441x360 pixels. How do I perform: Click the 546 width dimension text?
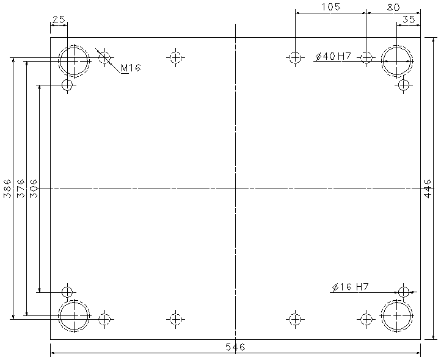[235, 347]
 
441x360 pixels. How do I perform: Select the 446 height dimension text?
[428, 189]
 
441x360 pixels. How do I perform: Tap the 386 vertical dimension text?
[7, 188]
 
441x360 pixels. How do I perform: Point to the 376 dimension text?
[21, 188]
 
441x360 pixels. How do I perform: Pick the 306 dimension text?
[34, 188]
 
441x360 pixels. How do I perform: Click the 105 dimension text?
[331, 7]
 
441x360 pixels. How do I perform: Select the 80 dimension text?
[393, 7]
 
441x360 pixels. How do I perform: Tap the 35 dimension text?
[409, 20]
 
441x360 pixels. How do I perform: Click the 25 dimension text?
[59, 20]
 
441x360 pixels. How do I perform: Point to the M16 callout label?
[131, 68]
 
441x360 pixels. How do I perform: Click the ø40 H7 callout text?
[333, 56]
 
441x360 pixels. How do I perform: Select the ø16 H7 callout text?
[350, 287]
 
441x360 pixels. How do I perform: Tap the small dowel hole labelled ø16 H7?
[404, 287]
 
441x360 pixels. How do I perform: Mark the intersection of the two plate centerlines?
[235, 189]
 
